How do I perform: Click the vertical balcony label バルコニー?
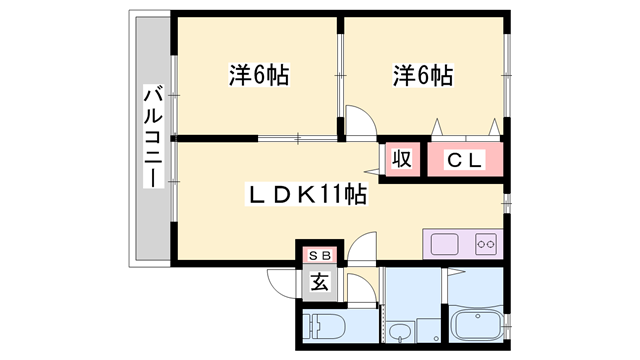pos(153,135)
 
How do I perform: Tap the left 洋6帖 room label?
pos(258,75)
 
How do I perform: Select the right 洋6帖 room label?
pos(423,75)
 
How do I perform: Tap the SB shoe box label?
pos(319,256)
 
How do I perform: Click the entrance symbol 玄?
pos(319,282)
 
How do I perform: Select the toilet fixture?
pos(324,327)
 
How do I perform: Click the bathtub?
pos(479,325)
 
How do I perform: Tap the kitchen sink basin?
pos(443,243)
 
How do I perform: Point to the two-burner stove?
pos(485,243)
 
